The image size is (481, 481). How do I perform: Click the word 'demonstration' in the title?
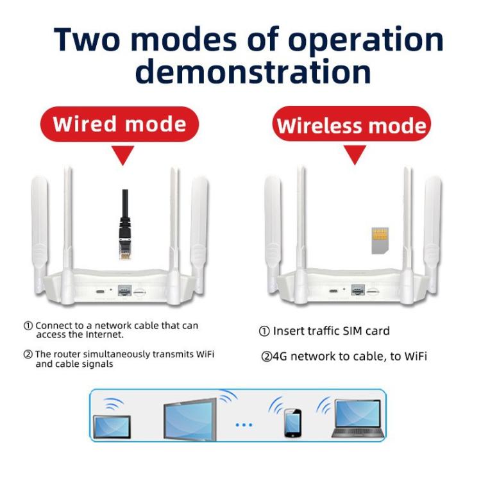pos(253,71)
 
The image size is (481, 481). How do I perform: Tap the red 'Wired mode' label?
pos(119,124)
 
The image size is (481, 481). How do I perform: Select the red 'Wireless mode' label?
pos(351,125)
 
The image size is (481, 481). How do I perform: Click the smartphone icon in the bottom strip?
pos(292,423)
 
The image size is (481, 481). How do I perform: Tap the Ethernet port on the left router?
pos(124,291)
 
